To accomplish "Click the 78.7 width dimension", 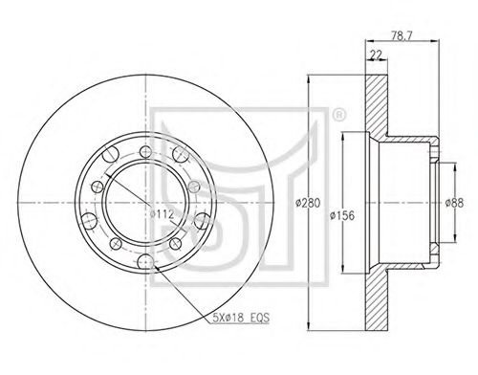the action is click(x=402, y=35).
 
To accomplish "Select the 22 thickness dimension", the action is click(x=377, y=55).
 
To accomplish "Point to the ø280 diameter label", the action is click(x=308, y=203).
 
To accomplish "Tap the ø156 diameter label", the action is click(x=342, y=215).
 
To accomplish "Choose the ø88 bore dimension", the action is click(x=455, y=203).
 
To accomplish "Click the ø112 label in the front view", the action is click(x=162, y=213).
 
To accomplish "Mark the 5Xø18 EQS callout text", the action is click(x=241, y=318).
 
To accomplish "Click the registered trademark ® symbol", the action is click(x=338, y=115).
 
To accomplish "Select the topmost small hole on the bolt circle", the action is click(x=145, y=151).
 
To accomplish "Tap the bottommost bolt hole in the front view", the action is click(x=145, y=262).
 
